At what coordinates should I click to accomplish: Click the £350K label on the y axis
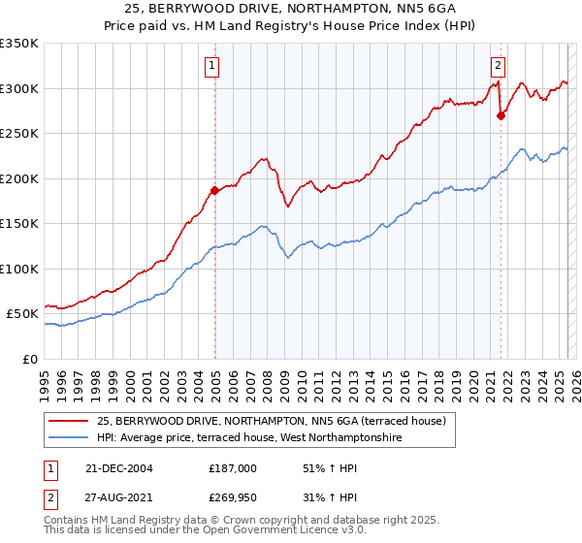(x=19, y=44)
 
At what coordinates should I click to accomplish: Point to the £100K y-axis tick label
(x=19, y=269)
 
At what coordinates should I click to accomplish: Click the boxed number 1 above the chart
(x=211, y=66)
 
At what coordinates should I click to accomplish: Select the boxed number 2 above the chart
(x=498, y=66)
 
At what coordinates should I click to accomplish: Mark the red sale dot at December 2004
(x=214, y=191)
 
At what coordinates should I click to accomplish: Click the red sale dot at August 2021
(x=501, y=115)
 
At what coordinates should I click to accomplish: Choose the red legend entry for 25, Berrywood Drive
(x=271, y=421)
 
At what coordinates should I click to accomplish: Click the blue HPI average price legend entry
(x=249, y=438)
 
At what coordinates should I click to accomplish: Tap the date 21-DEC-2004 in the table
(x=119, y=468)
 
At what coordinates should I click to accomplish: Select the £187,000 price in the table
(x=233, y=468)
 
